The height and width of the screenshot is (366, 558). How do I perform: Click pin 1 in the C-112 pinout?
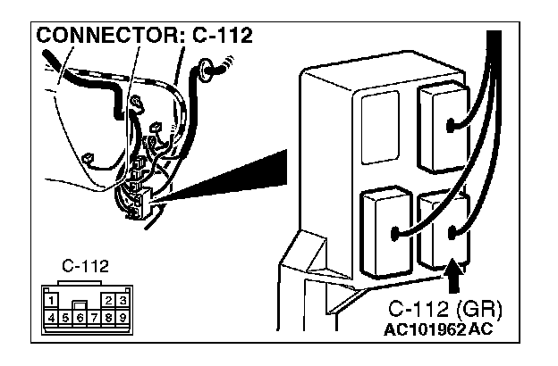[x=54, y=301]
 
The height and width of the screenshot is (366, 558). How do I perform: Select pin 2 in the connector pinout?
[x=108, y=301]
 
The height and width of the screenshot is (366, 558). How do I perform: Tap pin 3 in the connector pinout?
[x=121, y=301]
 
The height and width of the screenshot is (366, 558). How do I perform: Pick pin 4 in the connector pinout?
[x=54, y=316]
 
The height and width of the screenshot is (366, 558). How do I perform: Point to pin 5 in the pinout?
[x=67, y=316]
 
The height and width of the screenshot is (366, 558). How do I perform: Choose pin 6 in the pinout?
[x=80, y=316]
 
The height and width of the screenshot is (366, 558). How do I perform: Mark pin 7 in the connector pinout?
[x=95, y=316]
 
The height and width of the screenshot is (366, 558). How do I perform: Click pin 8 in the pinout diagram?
[x=108, y=316]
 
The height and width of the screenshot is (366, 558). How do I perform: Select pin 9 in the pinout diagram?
[x=121, y=316]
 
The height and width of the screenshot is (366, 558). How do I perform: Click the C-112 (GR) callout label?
[x=445, y=310]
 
